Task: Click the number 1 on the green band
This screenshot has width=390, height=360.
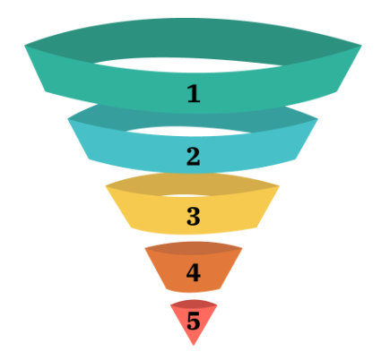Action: click(x=194, y=94)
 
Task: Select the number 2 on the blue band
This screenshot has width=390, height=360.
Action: click(x=194, y=156)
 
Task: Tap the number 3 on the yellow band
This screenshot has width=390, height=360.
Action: click(x=194, y=216)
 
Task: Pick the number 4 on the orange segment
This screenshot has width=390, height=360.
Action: click(x=194, y=272)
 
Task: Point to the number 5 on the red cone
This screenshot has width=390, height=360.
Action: click(x=194, y=321)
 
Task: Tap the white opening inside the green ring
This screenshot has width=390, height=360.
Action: click(x=187, y=64)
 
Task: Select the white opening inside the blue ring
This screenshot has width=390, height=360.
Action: click(x=191, y=132)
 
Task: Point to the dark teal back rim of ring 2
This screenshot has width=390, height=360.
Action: click(x=284, y=119)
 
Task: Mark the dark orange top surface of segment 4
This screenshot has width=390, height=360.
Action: click(x=194, y=248)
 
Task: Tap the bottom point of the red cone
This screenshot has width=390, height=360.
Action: click(x=194, y=346)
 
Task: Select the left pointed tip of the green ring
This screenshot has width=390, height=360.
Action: click(x=25, y=46)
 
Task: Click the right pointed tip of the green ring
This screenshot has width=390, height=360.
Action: click(x=361, y=46)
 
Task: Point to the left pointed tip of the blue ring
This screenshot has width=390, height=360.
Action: click(x=68, y=119)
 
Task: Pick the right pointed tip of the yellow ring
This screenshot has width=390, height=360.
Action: click(x=279, y=186)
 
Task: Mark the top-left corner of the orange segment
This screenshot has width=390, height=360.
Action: click(x=145, y=248)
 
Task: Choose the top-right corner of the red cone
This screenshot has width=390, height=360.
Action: click(x=217, y=305)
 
